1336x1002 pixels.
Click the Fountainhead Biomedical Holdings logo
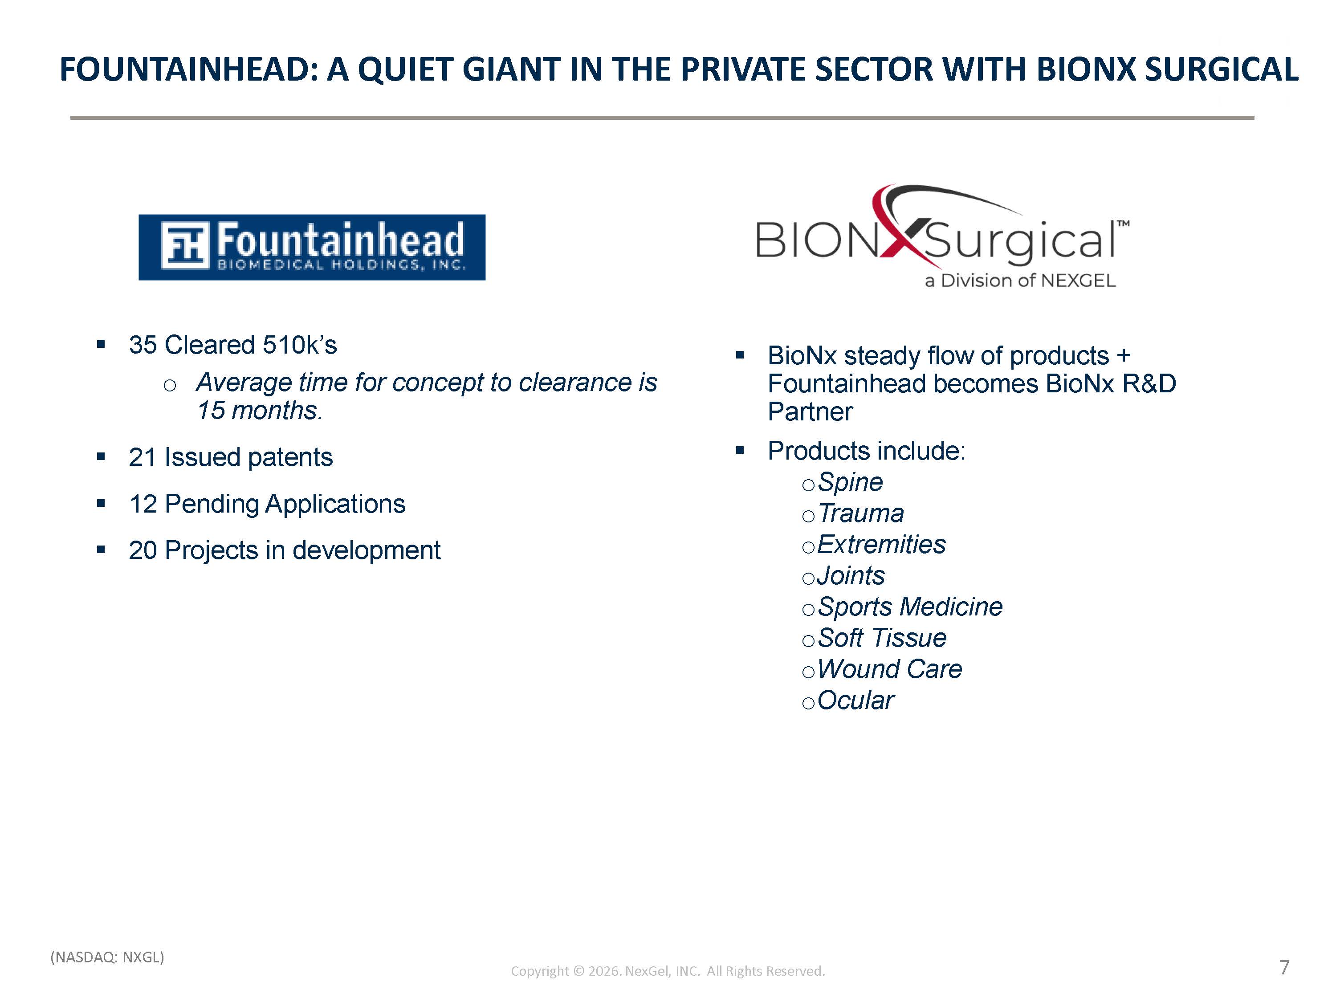[312, 247]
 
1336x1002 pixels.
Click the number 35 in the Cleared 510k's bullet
[143, 345]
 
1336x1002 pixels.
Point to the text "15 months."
[260, 410]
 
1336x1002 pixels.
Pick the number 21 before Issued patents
[143, 457]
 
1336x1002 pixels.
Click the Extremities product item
[881, 544]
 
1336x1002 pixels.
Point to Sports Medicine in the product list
[909, 607]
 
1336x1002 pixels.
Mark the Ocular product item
[855, 700]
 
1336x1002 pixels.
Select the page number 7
[1285, 967]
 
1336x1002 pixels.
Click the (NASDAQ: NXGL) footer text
[107, 957]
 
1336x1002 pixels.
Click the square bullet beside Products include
[740, 450]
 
